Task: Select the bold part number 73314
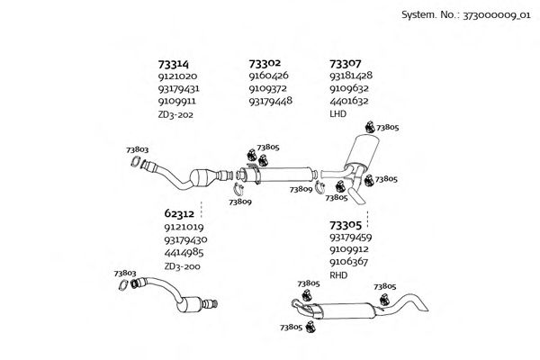tap(174, 64)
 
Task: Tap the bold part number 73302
tap(265, 64)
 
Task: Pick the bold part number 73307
tap(346, 64)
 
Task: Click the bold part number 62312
tap(179, 214)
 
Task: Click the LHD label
tap(338, 114)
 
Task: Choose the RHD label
tap(338, 274)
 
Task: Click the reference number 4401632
tap(350, 102)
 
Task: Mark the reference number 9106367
tap(350, 262)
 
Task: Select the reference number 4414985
tap(184, 253)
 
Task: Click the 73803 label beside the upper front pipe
tap(138, 148)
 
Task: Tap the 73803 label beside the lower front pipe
tap(125, 273)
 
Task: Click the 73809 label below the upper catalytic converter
tap(240, 202)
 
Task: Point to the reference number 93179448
tap(270, 102)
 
